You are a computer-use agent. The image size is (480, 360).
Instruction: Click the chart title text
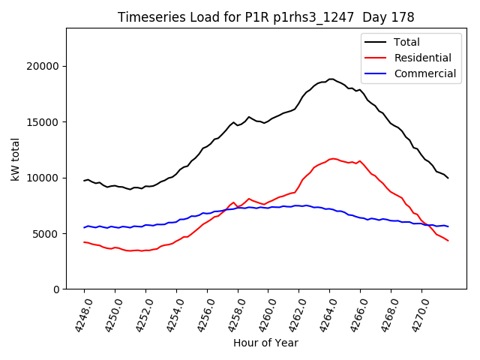266,17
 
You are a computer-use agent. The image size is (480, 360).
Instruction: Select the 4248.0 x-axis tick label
78,313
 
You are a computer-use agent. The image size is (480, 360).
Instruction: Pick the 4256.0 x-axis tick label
201,313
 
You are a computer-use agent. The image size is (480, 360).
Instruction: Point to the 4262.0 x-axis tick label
293,313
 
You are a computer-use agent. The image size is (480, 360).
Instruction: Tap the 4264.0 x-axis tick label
324,313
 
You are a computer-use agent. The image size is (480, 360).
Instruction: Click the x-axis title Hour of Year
265,343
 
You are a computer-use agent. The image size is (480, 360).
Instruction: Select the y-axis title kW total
16,158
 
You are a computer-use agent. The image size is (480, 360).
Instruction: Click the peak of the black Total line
331,79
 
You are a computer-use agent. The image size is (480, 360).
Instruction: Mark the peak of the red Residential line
333,158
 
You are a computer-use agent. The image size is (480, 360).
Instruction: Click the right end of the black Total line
448,178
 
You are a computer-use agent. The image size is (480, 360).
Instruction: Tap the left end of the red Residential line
84,241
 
